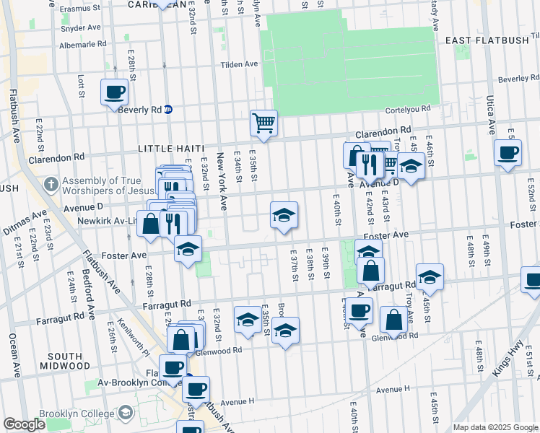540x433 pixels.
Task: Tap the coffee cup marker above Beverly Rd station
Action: point(115,92)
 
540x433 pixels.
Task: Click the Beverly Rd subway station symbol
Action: point(167,110)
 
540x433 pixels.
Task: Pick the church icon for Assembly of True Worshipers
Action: point(51,184)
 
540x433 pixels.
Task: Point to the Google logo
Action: point(24,424)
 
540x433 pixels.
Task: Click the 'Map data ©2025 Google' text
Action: point(495,427)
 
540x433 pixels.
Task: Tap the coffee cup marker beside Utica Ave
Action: point(508,153)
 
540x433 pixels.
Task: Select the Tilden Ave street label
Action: point(243,64)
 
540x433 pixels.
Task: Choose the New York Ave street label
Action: point(223,192)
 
